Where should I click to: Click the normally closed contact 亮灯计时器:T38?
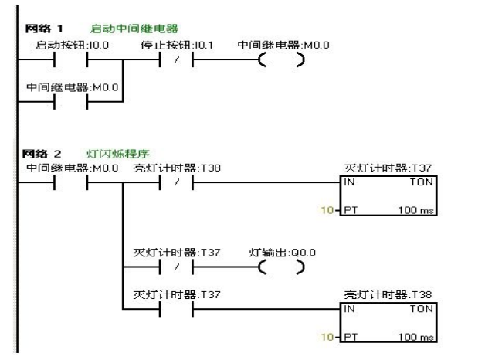tap(175, 184)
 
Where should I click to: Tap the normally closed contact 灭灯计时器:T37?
tap(175, 267)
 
